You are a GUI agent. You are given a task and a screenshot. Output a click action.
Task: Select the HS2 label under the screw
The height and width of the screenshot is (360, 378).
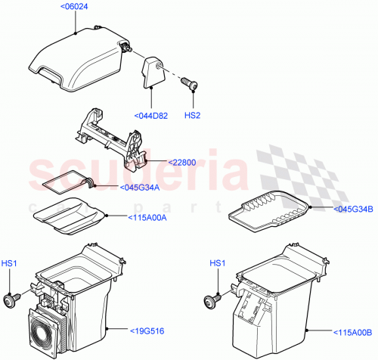(194, 116)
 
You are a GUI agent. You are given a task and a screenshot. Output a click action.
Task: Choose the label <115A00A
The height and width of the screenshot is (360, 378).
(125, 216)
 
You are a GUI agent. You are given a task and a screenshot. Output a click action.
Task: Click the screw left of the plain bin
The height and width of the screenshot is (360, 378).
(212, 299)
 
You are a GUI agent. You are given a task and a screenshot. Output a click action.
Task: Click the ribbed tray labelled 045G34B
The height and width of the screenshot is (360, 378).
(269, 214)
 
